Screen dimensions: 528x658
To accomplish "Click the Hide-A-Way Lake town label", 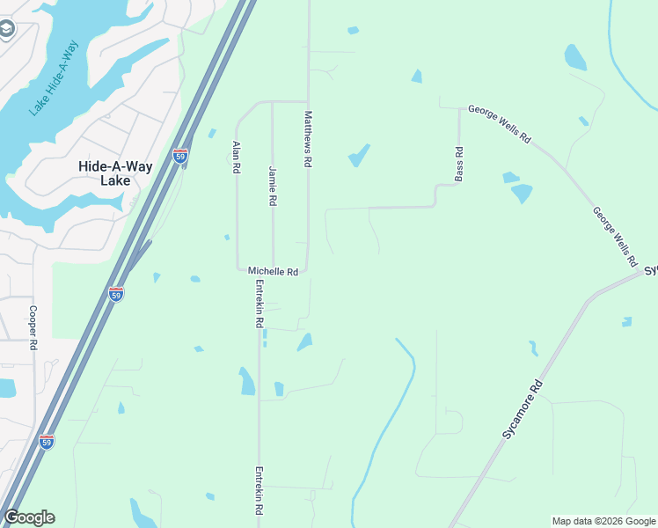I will click(x=105, y=172).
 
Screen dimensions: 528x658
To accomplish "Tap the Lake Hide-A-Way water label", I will click(x=54, y=77).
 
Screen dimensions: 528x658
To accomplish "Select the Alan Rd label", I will click(x=236, y=157).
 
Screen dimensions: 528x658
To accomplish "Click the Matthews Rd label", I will click(x=308, y=139).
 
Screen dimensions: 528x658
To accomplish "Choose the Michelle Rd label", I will click(x=273, y=272).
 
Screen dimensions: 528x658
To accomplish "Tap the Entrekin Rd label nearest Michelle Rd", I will click(x=260, y=304).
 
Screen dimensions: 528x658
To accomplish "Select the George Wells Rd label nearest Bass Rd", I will click(x=500, y=124).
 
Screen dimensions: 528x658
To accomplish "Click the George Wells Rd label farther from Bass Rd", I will click(x=614, y=237).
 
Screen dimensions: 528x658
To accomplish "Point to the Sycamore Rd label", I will click(x=523, y=411).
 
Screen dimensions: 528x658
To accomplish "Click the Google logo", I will click(x=29, y=517).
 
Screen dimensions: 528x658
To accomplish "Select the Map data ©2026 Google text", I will click(x=603, y=521).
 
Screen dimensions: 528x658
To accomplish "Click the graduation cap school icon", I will click(x=6, y=31).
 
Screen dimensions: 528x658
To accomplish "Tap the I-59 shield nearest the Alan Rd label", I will click(x=179, y=157).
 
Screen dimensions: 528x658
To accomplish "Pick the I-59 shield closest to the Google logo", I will click(x=47, y=441).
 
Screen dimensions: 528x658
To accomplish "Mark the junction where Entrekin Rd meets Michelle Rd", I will click(x=260, y=271).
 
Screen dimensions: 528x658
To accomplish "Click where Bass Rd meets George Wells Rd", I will click(x=459, y=108).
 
